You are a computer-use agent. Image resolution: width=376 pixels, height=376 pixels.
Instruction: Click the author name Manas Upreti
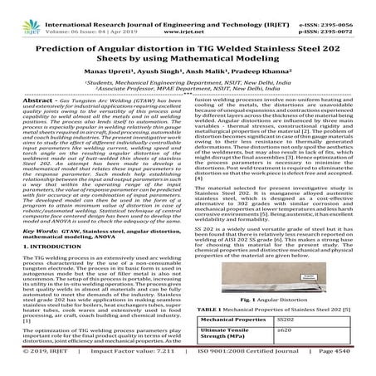coord(122,75)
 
